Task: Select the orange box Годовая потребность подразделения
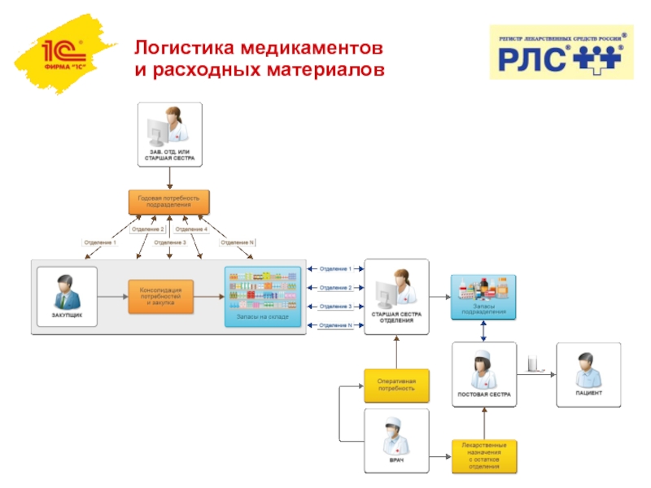coord(169,201)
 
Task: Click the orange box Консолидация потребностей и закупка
coord(160,296)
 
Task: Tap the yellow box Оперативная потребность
coord(395,385)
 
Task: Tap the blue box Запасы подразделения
coord(484,297)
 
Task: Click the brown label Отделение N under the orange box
coord(238,242)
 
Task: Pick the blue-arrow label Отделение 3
coord(335,307)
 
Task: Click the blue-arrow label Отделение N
coord(335,325)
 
